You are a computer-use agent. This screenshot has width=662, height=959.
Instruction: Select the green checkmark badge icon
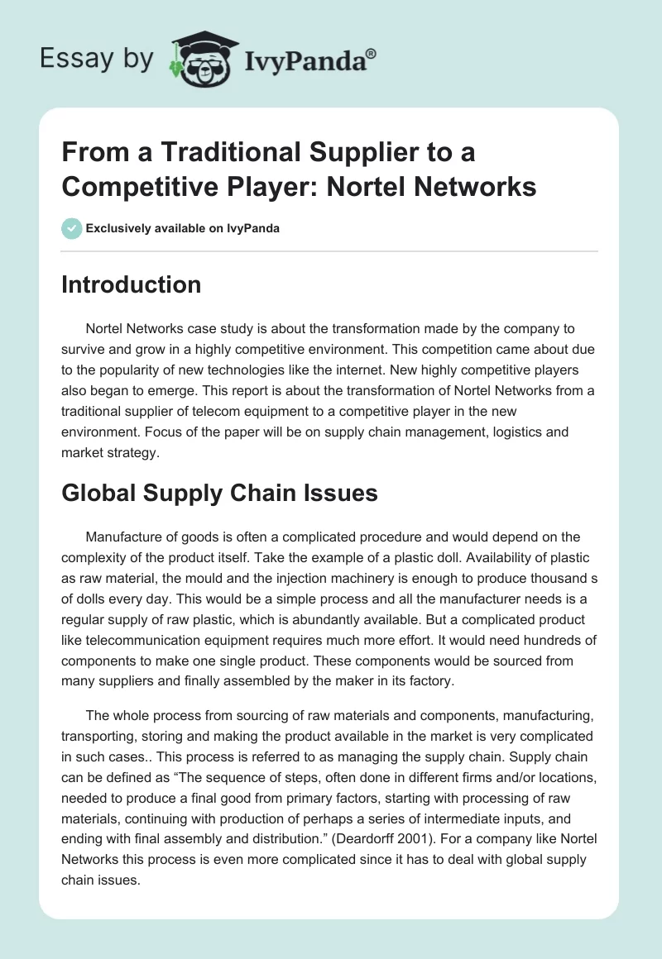tap(71, 228)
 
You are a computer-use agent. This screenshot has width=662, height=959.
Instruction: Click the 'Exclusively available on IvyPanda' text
tap(182, 228)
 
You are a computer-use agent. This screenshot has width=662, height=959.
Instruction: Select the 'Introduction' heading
tap(132, 284)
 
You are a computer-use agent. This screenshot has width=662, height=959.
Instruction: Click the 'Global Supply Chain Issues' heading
tap(220, 493)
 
